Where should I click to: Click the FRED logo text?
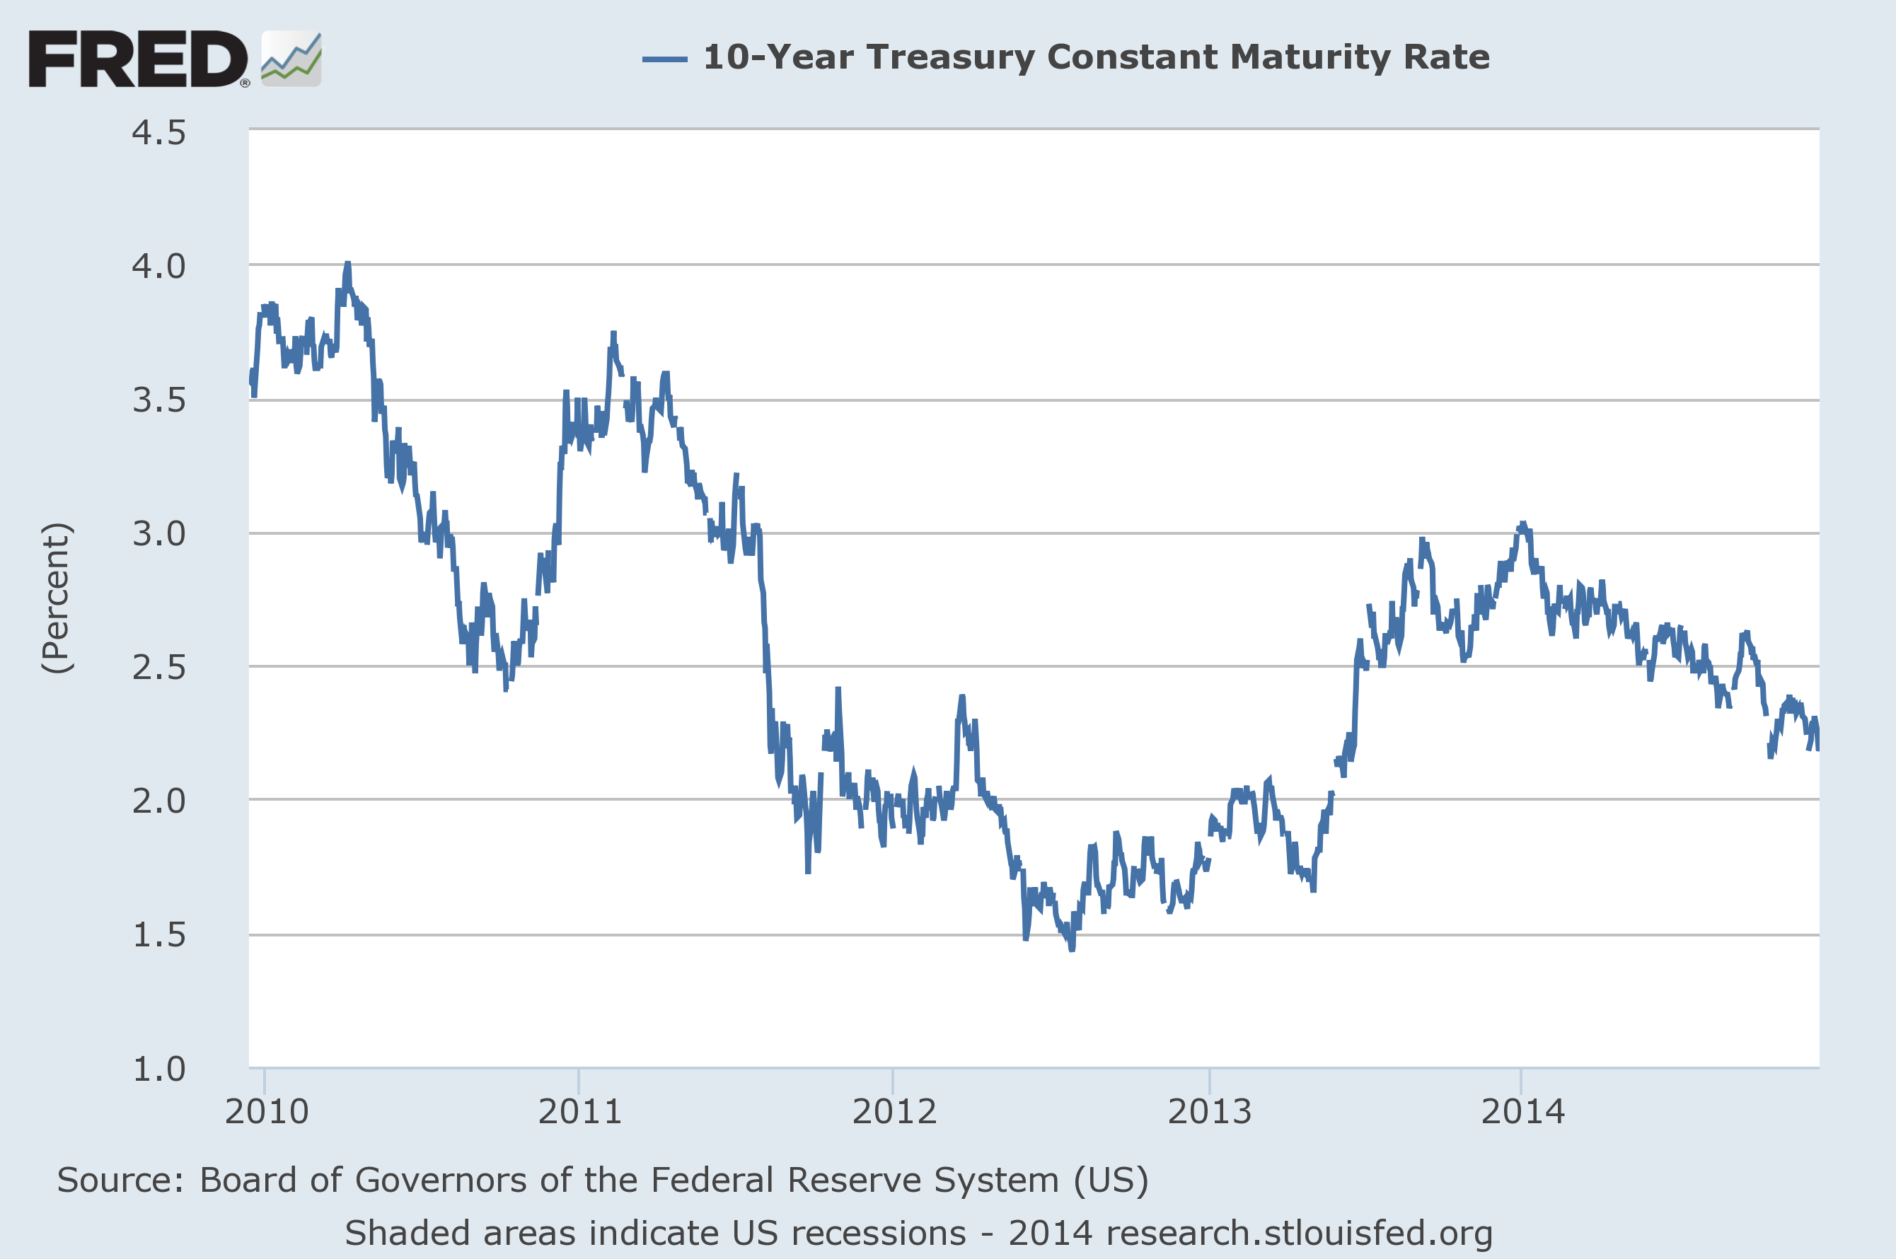point(138,59)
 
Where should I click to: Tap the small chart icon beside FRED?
point(291,59)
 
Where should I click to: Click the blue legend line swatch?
point(664,59)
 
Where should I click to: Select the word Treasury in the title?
point(951,58)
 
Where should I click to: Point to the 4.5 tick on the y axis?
point(159,133)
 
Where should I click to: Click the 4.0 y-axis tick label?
point(159,267)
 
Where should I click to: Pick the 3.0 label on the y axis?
point(159,534)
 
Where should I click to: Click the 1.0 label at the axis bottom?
point(159,1069)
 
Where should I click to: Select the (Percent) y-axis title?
point(57,598)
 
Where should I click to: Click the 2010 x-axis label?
point(267,1112)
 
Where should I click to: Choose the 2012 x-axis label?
point(894,1112)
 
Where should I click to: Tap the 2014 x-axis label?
point(1522,1112)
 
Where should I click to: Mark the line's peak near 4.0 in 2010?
point(348,263)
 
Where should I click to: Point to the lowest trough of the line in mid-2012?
point(1072,949)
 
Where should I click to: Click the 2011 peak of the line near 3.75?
point(613,333)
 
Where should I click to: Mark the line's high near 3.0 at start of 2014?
point(1522,523)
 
